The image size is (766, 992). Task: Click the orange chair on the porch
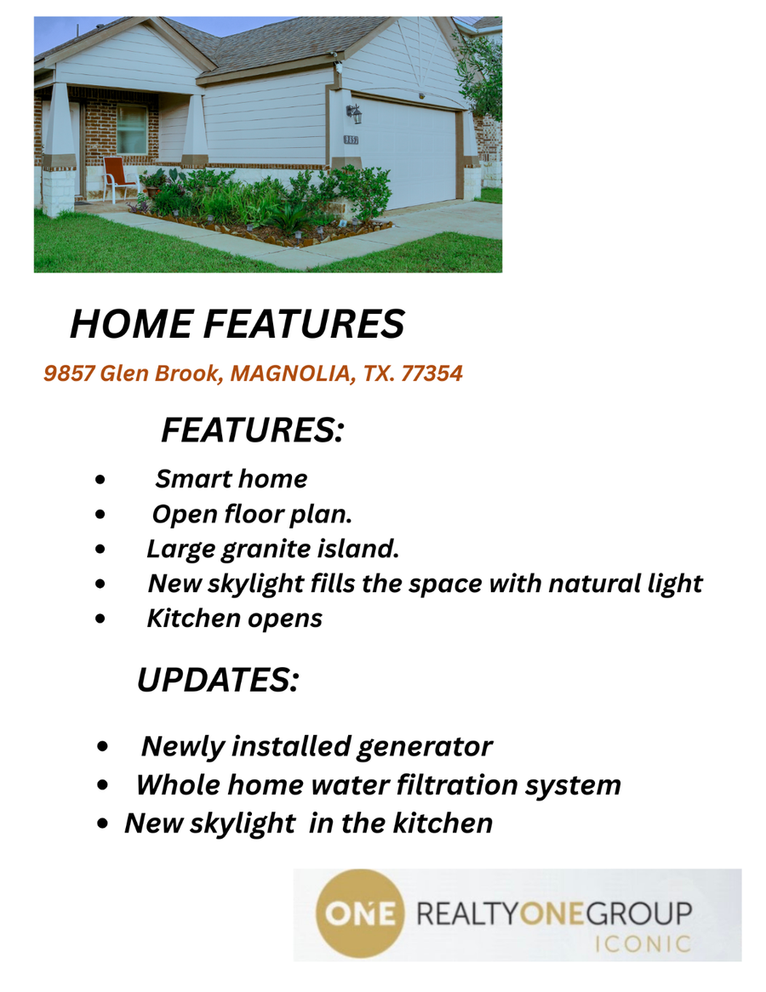click(x=119, y=179)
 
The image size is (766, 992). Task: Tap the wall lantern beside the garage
click(x=355, y=113)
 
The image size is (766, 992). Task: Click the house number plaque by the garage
click(x=351, y=140)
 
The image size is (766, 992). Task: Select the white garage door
click(x=405, y=154)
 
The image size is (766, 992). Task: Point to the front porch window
click(x=132, y=128)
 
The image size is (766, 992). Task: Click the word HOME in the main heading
click(x=131, y=324)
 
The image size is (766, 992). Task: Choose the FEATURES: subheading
click(x=253, y=430)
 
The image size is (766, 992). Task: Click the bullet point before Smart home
click(x=100, y=480)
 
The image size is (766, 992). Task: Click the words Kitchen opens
click(x=234, y=619)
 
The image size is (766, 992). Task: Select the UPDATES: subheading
click(x=218, y=680)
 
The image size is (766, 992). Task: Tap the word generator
click(x=424, y=747)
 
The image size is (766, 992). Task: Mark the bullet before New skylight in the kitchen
click(x=103, y=824)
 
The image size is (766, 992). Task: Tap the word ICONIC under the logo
click(x=643, y=944)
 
